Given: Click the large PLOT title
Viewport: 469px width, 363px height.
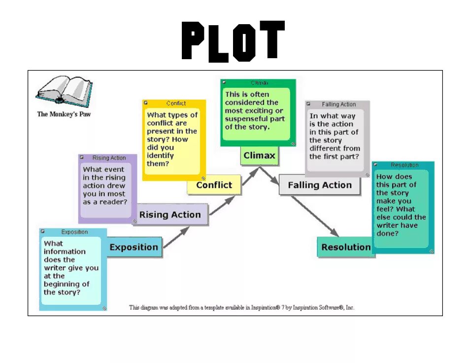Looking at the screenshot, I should pos(233,41).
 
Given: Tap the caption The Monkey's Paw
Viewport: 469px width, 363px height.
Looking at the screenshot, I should pos(64,114).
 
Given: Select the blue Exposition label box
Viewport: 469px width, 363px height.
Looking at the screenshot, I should pos(134,247).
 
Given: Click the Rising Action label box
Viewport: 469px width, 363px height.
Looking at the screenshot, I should pos(170,215).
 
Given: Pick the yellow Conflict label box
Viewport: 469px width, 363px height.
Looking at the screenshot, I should pos(214,185).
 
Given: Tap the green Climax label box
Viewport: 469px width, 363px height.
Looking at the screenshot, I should pos(259,156).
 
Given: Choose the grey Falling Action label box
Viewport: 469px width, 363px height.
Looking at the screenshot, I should pos(320,185).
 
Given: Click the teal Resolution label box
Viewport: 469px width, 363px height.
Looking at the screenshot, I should pos(346,247).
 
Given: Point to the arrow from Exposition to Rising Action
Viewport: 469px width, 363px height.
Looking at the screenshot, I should pos(176,237).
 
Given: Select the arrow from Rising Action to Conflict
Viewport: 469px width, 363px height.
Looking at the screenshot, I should pos(223,205).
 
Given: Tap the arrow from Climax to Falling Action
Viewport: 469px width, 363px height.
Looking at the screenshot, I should pos(270,176).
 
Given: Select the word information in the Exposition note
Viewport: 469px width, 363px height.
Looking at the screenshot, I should pos(65,252).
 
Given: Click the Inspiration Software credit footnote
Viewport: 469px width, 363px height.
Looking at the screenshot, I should pos(241,307).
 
